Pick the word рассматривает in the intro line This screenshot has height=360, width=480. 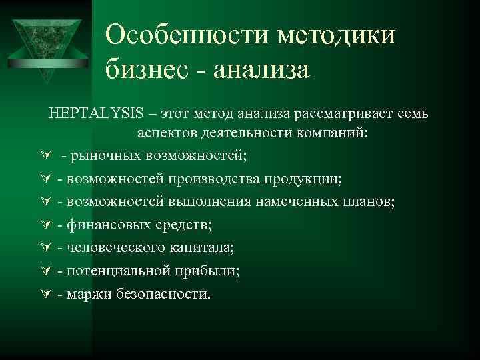pos(312,114)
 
